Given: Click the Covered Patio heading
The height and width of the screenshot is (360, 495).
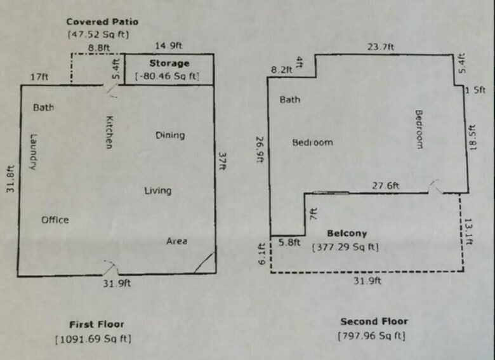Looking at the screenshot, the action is [x=102, y=22].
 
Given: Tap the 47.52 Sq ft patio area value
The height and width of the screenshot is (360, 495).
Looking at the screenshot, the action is [x=98, y=34].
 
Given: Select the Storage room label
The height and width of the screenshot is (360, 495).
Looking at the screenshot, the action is [x=169, y=63].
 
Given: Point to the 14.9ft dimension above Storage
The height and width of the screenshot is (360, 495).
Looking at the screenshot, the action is [x=169, y=46].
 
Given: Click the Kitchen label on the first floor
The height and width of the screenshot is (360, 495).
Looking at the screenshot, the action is [x=109, y=132].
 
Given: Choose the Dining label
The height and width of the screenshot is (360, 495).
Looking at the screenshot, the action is [x=170, y=135].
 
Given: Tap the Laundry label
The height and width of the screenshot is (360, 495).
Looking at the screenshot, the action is [x=34, y=152].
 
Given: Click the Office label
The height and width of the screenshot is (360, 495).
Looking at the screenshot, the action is [x=55, y=220].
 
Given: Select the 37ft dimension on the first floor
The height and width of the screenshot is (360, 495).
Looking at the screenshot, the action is [x=223, y=161].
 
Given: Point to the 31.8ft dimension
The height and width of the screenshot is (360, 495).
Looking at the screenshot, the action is [x=10, y=179].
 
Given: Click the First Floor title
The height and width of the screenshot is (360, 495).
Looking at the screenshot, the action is [x=96, y=324].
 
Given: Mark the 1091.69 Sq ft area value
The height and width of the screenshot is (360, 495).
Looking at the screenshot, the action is [x=93, y=339].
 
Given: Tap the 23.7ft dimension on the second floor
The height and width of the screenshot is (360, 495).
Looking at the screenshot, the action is [x=381, y=47].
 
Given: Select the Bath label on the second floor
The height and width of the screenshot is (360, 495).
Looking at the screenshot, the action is [x=290, y=100].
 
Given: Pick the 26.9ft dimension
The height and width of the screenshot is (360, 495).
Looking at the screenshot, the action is [x=260, y=149].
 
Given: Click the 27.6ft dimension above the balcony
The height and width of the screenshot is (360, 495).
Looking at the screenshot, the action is [x=385, y=185].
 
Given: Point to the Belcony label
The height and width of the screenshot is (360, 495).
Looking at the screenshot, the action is [x=347, y=234].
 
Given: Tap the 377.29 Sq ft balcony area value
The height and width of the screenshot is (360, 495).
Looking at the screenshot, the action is [x=345, y=247].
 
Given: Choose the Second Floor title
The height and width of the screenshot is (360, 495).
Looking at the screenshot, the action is [x=374, y=321].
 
